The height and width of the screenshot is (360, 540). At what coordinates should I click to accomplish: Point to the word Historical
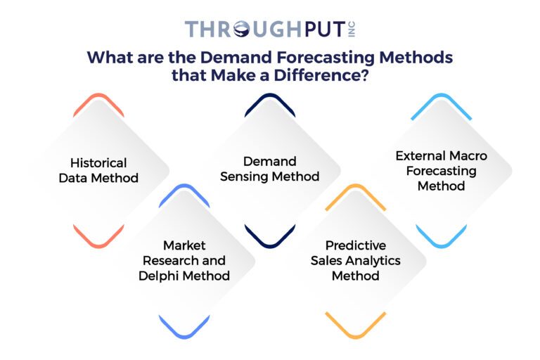click(98, 162)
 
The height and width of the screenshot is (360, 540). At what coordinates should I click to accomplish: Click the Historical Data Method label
click(98, 170)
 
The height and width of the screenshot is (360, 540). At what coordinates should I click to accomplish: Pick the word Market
click(184, 245)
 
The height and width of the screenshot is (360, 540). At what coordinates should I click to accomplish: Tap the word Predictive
click(356, 245)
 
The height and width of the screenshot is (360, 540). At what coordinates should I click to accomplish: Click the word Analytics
click(376, 260)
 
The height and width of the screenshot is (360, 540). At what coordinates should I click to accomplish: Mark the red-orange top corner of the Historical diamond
click(98, 100)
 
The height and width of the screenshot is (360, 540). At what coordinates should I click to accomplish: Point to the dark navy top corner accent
click(270, 100)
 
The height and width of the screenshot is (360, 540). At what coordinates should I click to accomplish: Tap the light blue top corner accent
click(442, 100)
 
